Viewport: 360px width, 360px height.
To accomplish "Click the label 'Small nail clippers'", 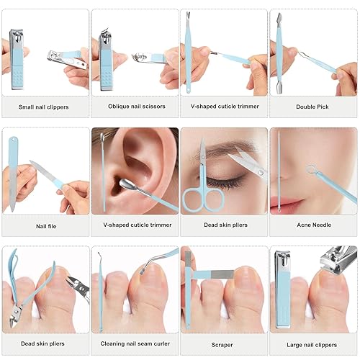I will pos(45,106).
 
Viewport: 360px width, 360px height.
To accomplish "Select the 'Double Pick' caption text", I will pos(313,106).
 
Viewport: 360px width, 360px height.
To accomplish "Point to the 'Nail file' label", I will pos(45,225).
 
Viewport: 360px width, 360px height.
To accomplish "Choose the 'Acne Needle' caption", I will pos(313,225).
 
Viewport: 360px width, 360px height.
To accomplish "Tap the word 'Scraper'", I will pos(223,344).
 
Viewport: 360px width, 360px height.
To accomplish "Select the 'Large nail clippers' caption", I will pos(313,344).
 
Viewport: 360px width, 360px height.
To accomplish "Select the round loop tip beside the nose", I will pos(311,171).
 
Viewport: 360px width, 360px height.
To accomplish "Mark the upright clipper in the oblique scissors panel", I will pos(106,60).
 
